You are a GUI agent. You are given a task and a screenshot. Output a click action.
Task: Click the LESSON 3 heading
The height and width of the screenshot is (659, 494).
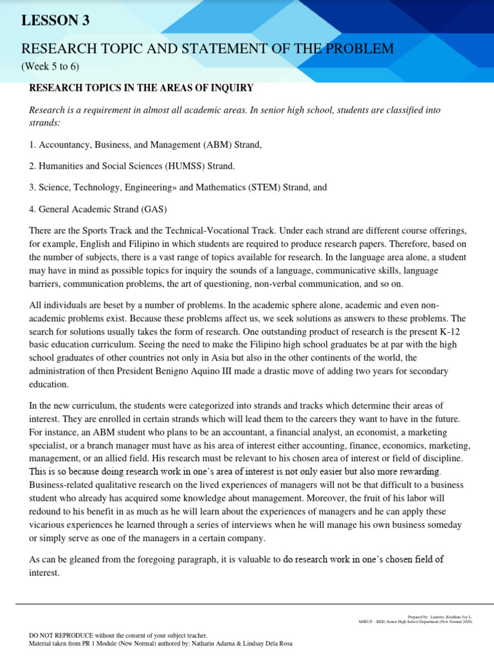click(x=56, y=21)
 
